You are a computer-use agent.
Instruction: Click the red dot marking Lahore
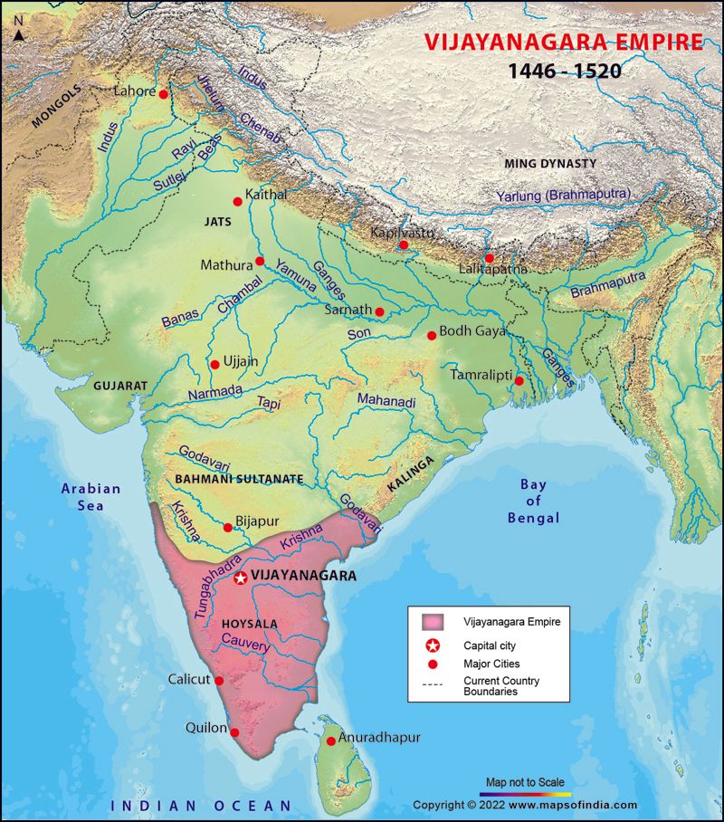[163, 94]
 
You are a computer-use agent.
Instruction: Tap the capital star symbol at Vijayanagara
[240, 578]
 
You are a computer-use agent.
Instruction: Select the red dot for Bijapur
[227, 527]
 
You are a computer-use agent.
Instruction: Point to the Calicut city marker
[219, 681]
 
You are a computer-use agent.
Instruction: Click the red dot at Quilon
[235, 732]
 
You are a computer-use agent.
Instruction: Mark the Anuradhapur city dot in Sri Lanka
[331, 741]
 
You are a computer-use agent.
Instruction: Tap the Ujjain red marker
[214, 365]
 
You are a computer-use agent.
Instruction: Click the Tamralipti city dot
[519, 381]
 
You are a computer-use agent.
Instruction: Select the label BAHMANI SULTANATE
[240, 478]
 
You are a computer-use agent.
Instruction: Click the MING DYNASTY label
[550, 164]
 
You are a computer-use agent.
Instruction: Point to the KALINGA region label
[413, 473]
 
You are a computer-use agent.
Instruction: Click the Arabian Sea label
[90, 497]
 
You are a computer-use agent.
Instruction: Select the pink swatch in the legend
[439, 622]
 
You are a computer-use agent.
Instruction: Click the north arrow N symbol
[18, 34]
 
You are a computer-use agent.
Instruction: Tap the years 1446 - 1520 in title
[563, 71]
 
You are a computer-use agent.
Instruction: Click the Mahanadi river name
[386, 400]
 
